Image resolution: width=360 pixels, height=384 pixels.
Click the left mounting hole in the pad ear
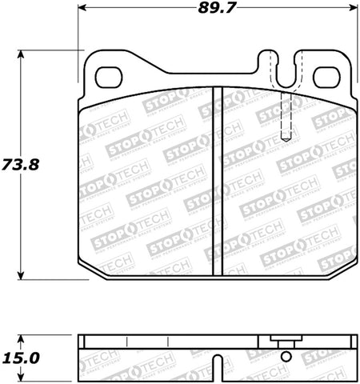[x=106, y=77]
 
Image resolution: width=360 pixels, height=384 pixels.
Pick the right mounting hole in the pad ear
[x=326, y=77]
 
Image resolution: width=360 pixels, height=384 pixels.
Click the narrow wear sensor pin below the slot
[x=287, y=116]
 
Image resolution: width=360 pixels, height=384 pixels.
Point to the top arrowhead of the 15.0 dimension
[x=22, y=333]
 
